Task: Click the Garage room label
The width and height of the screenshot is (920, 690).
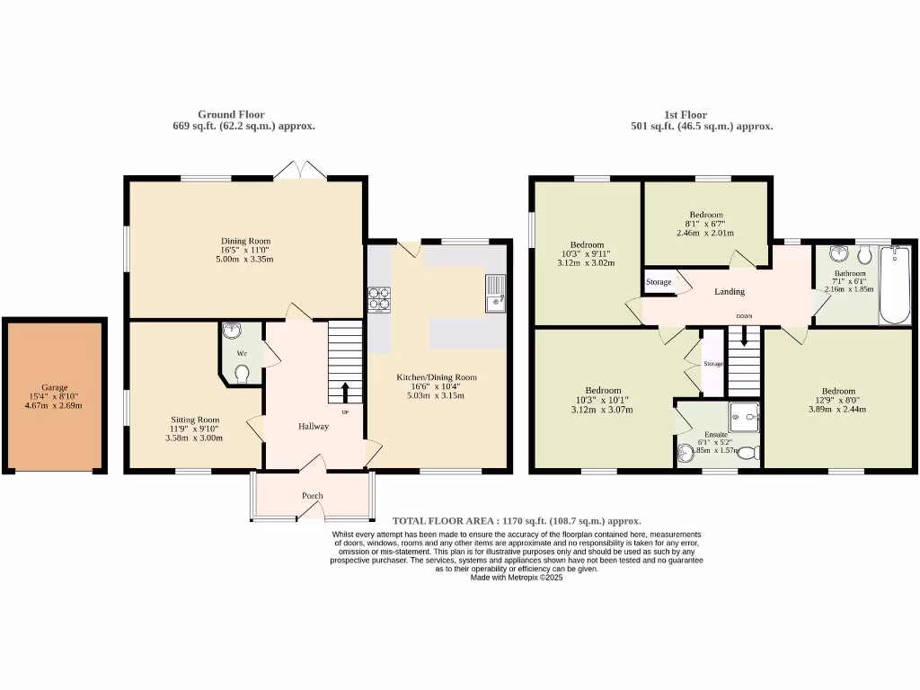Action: click(54, 387)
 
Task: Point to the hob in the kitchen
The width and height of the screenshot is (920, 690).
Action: click(379, 297)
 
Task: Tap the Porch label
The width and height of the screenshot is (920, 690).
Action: click(312, 496)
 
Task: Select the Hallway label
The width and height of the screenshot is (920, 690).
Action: click(314, 427)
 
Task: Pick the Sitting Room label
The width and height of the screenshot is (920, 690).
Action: click(195, 420)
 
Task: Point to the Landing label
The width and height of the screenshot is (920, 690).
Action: click(729, 292)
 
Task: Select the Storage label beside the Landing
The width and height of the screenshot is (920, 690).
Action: click(659, 282)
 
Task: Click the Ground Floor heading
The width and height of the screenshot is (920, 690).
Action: click(231, 115)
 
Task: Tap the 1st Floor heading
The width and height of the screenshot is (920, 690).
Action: click(686, 115)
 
